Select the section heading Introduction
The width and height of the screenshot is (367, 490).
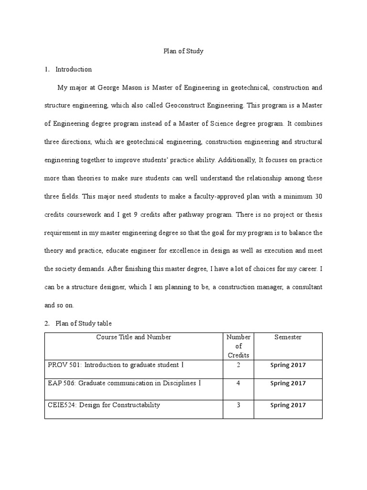point(74,69)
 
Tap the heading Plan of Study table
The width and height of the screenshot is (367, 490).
point(84,323)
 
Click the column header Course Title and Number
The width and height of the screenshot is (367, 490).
point(134,337)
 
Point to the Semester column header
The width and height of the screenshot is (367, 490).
point(288,337)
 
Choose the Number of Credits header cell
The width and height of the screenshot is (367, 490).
point(239,346)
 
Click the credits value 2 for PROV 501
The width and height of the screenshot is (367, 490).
point(238,365)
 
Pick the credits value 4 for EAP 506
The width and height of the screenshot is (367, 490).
point(238,383)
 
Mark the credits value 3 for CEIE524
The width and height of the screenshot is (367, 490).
point(238,405)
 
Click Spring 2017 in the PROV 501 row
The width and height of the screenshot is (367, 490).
point(288,365)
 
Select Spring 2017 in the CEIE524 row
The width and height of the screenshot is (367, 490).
point(288,405)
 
